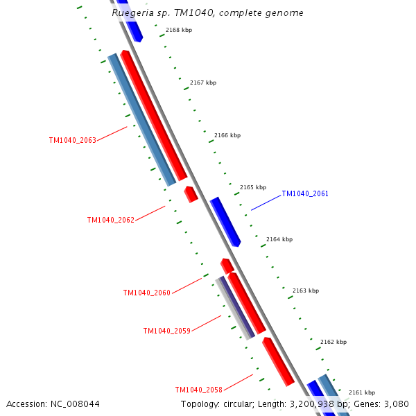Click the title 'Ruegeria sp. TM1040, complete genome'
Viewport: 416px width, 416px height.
[x=207, y=13]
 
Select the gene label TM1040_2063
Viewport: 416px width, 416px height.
[x=72, y=140]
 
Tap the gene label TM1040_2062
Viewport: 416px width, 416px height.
[x=110, y=220]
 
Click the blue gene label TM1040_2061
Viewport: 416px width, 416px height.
[x=305, y=194]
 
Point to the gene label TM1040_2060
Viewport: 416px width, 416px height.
[x=146, y=293]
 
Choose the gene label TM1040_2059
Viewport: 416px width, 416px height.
[x=166, y=331]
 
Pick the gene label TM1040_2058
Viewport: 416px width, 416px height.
[x=198, y=390]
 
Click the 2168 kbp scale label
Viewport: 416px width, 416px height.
[x=179, y=30]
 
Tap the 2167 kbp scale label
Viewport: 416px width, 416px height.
[x=203, y=83]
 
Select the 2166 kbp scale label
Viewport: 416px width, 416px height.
[x=227, y=135]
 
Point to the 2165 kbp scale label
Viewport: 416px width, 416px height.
[x=253, y=187]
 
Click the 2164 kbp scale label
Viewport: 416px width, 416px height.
[x=279, y=239]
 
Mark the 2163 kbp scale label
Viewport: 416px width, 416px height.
[x=306, y=291]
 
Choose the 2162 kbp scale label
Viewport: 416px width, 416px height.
[x=333, y=342]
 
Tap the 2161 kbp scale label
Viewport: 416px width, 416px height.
[x=361, y=392]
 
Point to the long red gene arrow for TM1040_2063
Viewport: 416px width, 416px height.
[x=154, y=115]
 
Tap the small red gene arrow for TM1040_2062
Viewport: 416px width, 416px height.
[x=191, y=193]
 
